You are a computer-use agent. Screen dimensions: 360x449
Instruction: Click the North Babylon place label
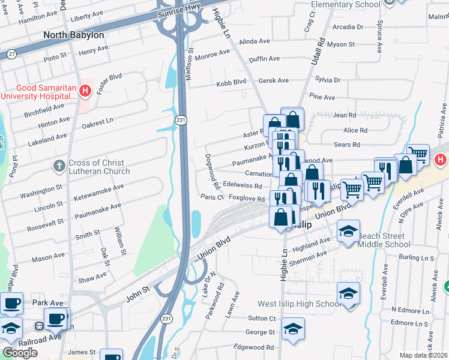point(73,35)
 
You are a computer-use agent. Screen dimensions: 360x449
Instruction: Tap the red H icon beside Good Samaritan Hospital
point(85,91)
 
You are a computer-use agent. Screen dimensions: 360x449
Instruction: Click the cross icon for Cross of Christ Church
point(59,166)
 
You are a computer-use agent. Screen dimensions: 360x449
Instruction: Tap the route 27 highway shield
point(11,54)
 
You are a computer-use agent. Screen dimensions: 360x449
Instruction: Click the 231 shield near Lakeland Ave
point(181,121)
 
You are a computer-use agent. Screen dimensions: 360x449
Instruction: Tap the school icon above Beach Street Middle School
point(348,231)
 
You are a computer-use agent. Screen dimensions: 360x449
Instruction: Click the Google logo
point(20,353)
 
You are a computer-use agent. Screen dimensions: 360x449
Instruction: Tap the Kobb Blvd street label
point(231,82)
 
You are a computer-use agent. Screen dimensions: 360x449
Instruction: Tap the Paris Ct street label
point(212,197)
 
